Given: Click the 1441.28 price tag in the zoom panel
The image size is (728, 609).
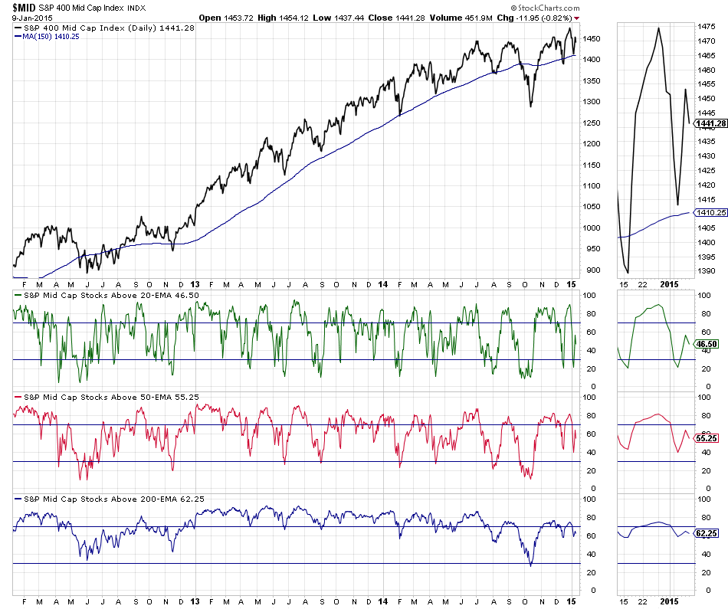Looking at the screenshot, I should [x=709, y=124].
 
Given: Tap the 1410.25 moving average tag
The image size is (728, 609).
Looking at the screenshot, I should [x=709, y=212].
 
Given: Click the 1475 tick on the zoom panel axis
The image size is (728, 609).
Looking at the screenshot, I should [x=707, y=27].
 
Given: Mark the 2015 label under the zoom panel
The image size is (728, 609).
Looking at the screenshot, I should [x=671, y=602].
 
